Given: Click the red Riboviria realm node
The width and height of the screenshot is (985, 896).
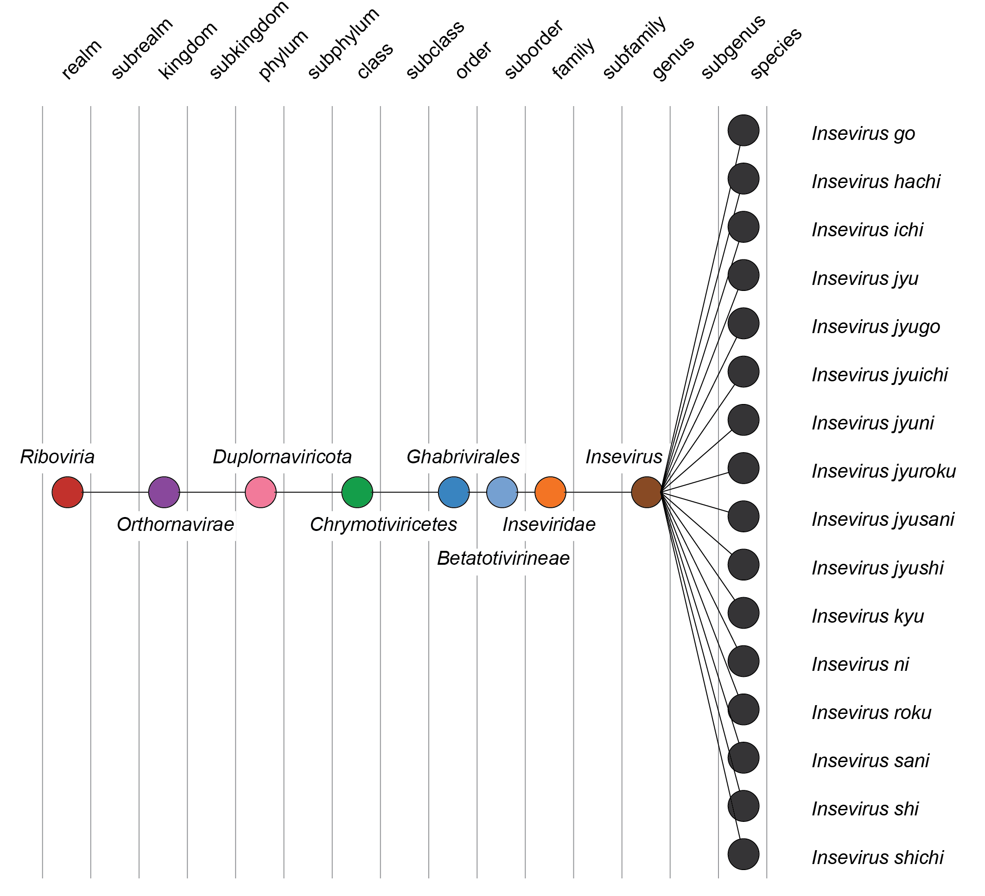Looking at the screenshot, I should (67, 492).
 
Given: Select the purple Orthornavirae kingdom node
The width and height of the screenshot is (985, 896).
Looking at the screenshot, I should (164, 492).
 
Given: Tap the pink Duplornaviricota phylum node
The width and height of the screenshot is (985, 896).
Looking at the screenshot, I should (261, 492).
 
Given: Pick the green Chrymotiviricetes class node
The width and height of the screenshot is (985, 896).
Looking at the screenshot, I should (357, 492).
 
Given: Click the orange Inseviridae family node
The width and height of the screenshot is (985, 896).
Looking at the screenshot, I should (550, 492).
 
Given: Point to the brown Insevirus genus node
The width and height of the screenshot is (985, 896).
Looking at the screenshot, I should (647, 492).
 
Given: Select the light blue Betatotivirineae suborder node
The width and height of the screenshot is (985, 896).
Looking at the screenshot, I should (502, 492).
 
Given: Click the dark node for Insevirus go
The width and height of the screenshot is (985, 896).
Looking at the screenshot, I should (743, 130).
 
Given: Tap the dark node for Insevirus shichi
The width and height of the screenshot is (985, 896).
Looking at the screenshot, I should (743, 854).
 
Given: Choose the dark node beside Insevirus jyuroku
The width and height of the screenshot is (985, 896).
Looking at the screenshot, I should (743, 468).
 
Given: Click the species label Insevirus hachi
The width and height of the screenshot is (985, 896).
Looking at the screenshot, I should (876, 182).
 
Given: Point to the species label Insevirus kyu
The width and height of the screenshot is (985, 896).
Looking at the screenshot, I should (868, 616).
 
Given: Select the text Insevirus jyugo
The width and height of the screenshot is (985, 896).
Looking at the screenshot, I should (876, 327).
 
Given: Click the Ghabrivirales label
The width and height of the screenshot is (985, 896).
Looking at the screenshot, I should (463, 457).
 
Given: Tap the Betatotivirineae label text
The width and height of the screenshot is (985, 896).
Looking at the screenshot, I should (503, 558).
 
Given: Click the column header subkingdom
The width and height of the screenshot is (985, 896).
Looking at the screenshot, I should (249, 42).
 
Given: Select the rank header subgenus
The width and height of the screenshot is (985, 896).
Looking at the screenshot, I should (733, 47).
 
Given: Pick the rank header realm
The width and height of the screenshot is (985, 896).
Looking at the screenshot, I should (82, 60).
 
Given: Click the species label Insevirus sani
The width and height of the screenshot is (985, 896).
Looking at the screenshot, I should (870, 761).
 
